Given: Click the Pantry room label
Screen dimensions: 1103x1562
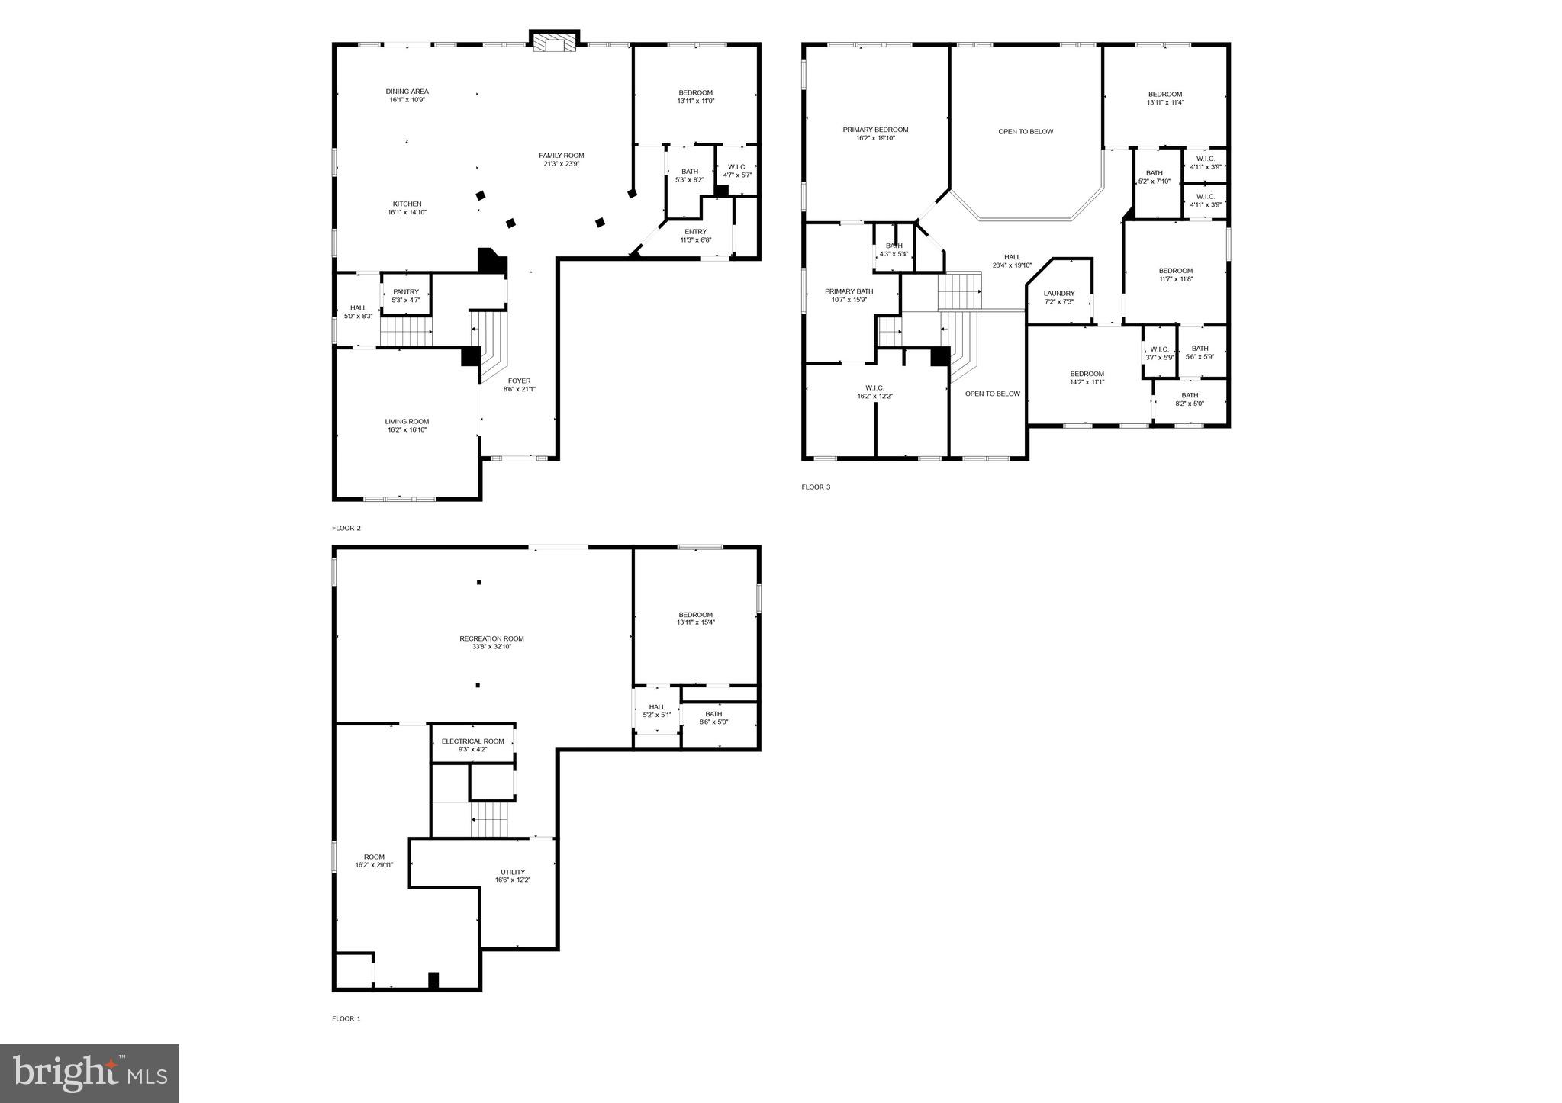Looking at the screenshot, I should coord(406,291).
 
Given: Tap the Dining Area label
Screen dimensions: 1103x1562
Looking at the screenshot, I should coord(407,92).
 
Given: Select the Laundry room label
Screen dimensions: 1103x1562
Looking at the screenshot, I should coord(1059,293).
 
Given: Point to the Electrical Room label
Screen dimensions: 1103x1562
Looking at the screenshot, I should coord(472,741).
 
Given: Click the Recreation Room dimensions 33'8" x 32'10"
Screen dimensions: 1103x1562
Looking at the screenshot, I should coord(491,647).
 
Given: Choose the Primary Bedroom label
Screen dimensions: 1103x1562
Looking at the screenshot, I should coord(875,130).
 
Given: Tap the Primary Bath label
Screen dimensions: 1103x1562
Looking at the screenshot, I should coord(849,291).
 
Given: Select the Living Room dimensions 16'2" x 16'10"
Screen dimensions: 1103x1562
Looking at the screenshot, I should coord(407,430).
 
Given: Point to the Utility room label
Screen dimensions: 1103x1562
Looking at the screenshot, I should coord(513,872).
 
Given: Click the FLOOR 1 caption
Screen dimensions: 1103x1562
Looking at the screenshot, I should coord(346,1018).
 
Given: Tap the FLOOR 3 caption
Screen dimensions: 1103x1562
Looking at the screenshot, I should coord(816,487).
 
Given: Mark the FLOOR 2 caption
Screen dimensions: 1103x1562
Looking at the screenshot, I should coord(346,528).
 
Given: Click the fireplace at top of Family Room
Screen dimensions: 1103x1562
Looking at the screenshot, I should coord(555,43).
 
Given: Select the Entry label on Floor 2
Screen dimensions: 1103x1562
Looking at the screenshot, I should coord(695,232).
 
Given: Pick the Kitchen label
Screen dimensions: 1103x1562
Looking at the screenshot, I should coord(407,204).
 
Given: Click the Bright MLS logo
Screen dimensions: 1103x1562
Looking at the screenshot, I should coord(89,1073).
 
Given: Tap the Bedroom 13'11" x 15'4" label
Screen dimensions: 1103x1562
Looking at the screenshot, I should coord(695,615).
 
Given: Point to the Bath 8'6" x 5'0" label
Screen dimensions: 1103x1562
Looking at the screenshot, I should coord(713,714).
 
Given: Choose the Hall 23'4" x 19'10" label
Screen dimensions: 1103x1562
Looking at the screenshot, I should coord(1012,257).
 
